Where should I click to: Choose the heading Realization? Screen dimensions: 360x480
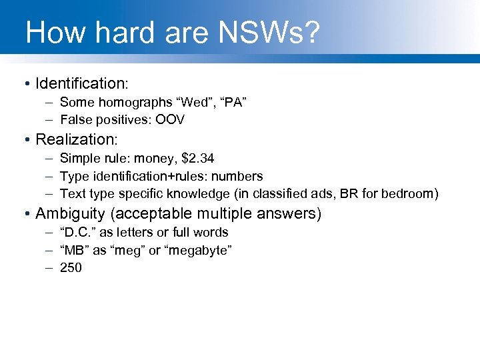pyautogui.click(x=77, y=139)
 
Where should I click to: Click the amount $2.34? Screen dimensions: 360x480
pyautogui.click(x=193, y=158)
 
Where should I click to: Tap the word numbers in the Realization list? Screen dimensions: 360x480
pyautogui.click(x=237, y=176)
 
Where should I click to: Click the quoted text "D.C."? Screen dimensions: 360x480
pyautogui.click(x=78, y=232)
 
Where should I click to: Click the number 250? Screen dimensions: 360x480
pyautogui.click(x=71, y=268)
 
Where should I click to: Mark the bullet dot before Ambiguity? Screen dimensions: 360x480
pyautogui.click(x=25, y=214)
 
